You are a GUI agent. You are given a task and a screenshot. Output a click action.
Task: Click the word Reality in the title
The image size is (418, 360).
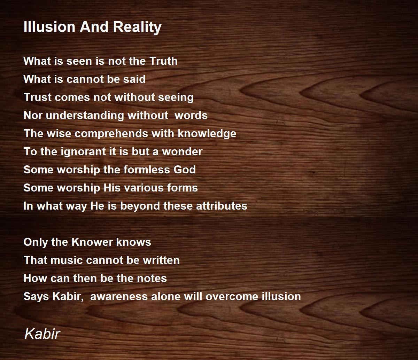[137, 27]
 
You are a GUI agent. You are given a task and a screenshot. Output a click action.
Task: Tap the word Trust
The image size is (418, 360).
[37, 97]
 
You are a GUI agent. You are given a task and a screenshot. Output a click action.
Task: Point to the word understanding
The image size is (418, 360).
[85, 116]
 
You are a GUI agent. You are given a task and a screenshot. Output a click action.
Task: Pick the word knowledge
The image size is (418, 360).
[207, 134]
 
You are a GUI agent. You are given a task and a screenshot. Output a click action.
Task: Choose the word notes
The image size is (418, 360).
[152, 278]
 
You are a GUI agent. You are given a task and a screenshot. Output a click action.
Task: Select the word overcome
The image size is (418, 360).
[232, 297]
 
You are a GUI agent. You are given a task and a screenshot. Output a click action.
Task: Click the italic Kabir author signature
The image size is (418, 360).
[42, 334]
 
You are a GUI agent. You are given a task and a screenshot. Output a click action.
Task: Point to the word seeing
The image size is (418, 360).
[176, 97]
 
